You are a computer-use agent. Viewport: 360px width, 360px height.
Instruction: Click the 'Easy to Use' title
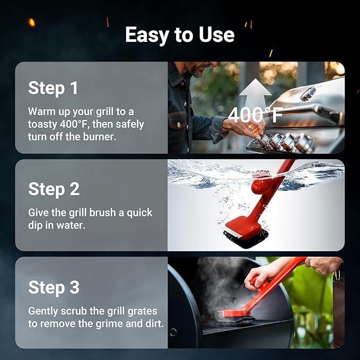click(x=180, y=35)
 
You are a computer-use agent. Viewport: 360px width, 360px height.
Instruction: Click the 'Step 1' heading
click(x=54, y=88)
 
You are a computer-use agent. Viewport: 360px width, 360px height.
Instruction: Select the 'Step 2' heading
click(x=54, y=189)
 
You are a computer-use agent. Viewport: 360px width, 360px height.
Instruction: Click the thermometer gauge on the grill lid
click(x=308, y=93)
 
